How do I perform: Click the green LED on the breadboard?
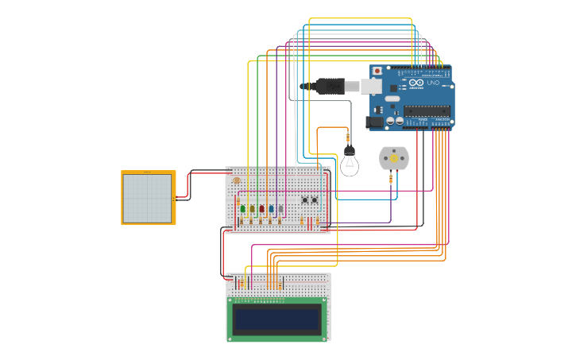[x=242, y=209]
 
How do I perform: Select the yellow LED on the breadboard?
[x=252, y=209]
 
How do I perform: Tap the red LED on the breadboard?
[x=261, y=209]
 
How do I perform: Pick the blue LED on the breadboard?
[x=271, y=209]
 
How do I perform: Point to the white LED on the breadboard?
[x=280, y=209]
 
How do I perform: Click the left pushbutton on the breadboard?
[x=304, y=200]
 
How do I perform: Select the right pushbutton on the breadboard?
[x=315, y=200]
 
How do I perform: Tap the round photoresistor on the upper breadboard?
[x=237, y=181]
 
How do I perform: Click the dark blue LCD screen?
[x=277, y=319]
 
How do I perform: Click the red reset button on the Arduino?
[x=377, y=71]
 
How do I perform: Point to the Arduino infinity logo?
[x=418, y=83]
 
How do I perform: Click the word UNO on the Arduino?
[x=433, y=83]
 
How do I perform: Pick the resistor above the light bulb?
[x=348, y=139]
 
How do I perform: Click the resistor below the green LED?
[x=242, y=221]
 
